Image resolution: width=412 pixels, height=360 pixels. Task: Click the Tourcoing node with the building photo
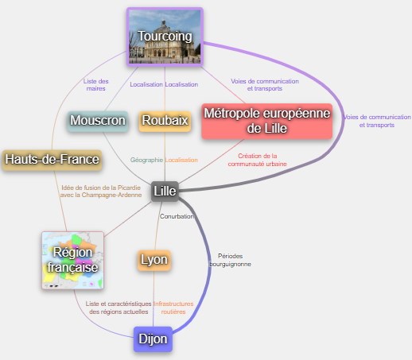point(165,37)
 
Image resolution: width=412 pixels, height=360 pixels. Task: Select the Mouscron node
point(98,121)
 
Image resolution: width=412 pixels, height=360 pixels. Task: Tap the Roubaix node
point(165,121)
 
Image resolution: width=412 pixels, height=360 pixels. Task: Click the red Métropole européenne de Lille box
point(267,121)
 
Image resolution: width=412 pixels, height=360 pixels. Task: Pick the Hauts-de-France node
point(52,160)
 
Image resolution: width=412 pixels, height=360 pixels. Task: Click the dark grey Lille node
point(165,192)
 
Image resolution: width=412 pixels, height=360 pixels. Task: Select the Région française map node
point(72,260)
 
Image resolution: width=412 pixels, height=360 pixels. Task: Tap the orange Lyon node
point(154,260)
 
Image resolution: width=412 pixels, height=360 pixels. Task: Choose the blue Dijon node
point(153,339)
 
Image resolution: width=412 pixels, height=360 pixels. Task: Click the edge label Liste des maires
point(95,85)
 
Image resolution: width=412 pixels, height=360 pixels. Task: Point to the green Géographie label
point(146,160)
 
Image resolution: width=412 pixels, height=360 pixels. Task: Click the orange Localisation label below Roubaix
point(181,160)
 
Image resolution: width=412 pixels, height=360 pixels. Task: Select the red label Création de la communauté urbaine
point(257,160)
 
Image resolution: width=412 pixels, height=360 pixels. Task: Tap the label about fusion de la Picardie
point(101,192)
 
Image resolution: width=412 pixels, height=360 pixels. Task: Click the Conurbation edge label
point(177,216)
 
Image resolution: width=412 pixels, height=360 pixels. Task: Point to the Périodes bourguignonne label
point(230,260)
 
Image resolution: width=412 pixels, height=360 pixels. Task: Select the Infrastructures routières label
point(173,308)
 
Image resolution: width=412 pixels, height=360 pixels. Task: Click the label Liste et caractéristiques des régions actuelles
point(119,308)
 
